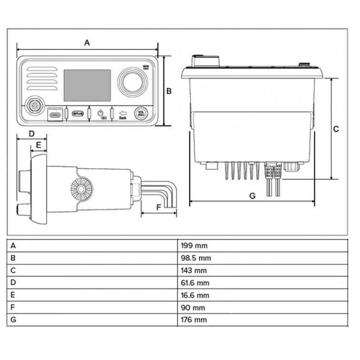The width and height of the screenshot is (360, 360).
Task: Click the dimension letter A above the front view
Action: pyautogui.click(x=87, y=42)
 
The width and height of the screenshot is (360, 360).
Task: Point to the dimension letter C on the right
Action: pyautogui.click(x=336, y=129)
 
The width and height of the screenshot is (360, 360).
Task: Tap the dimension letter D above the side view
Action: pyautogui.click(x=31, y=134)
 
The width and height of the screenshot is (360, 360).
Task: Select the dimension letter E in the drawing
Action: pyautogui.click(x=39, y=144)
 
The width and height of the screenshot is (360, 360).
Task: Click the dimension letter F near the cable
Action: pyautogui.click(x=159, y=207)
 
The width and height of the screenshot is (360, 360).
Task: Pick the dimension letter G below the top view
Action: pyautogui.click(x=252, y=195)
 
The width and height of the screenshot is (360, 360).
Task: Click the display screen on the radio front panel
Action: pyautogui.click(x=87, y=85)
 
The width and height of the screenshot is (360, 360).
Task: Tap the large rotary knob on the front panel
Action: pyautogui.click(x=130, y=80)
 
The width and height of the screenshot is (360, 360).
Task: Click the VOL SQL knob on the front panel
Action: pyautogui.click(x=141, y=113)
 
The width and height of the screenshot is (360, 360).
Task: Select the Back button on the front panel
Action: pyautogui.click(x=123, y=114)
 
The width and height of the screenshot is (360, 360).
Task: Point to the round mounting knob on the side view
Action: pyautogui.click(x=82, y=189)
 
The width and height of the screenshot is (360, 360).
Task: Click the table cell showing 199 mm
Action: pyautogui.click(x=194, y=246)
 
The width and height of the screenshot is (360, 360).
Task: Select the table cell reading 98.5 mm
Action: pyautogui.click(x=195, y=258)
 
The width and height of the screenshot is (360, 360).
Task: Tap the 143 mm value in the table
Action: pyautogui.click(x=194, y=271)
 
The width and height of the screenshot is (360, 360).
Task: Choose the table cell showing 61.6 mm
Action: pyautogui.click(x=195, y=283)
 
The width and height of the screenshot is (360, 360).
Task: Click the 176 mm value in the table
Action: pyautogui.click(x=194, y=320)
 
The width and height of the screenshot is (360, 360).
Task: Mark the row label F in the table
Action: pyautogui.click(x=13, y=308)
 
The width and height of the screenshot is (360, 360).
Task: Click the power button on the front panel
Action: pyautogui.click(x=100, y=113)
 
